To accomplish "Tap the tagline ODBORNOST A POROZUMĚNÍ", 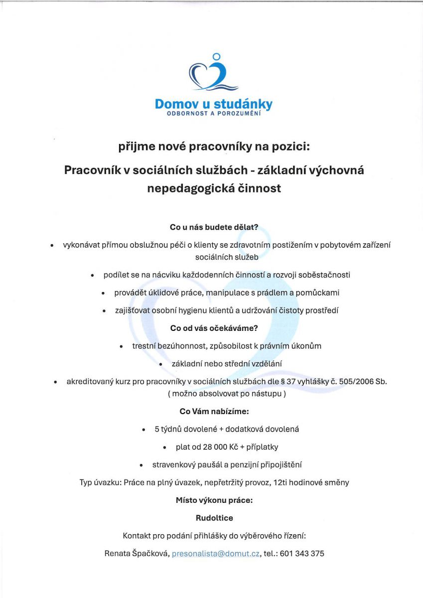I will [x=214, y=114].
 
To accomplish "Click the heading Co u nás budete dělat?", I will [x=214, y=227].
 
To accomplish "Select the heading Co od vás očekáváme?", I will [x=214, y=328].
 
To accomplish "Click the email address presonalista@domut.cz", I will [x=215, y=554].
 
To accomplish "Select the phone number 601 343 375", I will [x=302, y=554].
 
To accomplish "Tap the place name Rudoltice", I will [x=214, y=518].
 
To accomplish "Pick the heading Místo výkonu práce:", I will [x=214, y=500].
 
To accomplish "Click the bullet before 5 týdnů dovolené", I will [x=143, y=429].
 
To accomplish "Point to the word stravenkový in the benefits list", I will [x=173, y=465].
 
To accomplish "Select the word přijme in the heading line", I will [x=135, y=147].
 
